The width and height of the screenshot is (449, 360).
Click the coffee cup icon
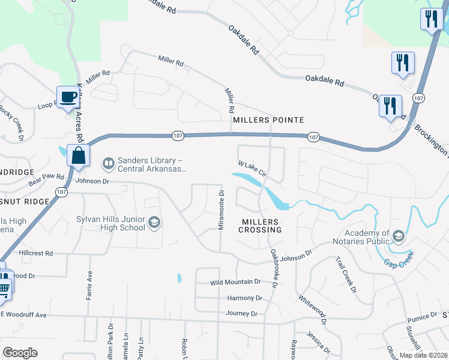pos(68,97)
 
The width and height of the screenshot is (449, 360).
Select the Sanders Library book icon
pos(109,163)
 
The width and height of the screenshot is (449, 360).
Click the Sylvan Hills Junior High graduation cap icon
pos(154,223)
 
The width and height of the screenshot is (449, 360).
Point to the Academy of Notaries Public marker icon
pos(397,237)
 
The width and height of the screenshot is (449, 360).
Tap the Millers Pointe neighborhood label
pos(265,120)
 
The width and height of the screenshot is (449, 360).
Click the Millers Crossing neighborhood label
pos(260,226)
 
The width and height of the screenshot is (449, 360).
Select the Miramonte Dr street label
pos(221,210)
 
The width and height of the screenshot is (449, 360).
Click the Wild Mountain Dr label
pos(235,281)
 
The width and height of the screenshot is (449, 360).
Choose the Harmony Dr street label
pos(245,298)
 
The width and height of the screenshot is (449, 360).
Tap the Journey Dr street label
pos(241,313)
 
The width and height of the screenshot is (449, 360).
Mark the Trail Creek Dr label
pos(346,274)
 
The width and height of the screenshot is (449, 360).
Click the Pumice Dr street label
pos(422,316)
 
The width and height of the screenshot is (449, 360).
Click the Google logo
pos(20,353)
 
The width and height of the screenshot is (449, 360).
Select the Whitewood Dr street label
pos(312,310)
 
